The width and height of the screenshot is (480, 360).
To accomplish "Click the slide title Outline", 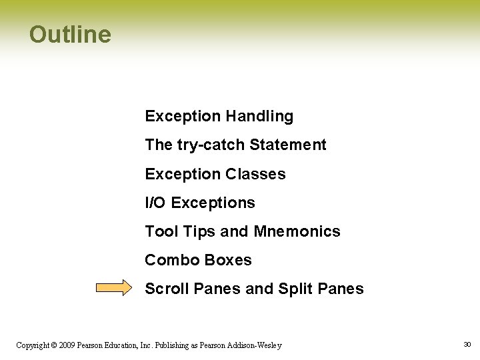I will [70, 34].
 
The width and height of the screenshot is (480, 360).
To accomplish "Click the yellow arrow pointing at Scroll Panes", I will [114, 288].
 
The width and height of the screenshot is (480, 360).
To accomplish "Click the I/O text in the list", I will [156, 203].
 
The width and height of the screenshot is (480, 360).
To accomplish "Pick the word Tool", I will [160, 231].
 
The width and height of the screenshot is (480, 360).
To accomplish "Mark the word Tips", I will [198, 231].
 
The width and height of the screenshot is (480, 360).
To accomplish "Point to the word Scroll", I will [165, 289].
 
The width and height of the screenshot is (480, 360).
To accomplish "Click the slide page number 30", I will [467, 344].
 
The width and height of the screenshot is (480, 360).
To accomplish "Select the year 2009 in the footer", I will [67, 345].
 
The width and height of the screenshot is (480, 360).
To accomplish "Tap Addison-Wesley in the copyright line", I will [258, 345].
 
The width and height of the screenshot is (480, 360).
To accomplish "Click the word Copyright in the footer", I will [32, 345].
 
